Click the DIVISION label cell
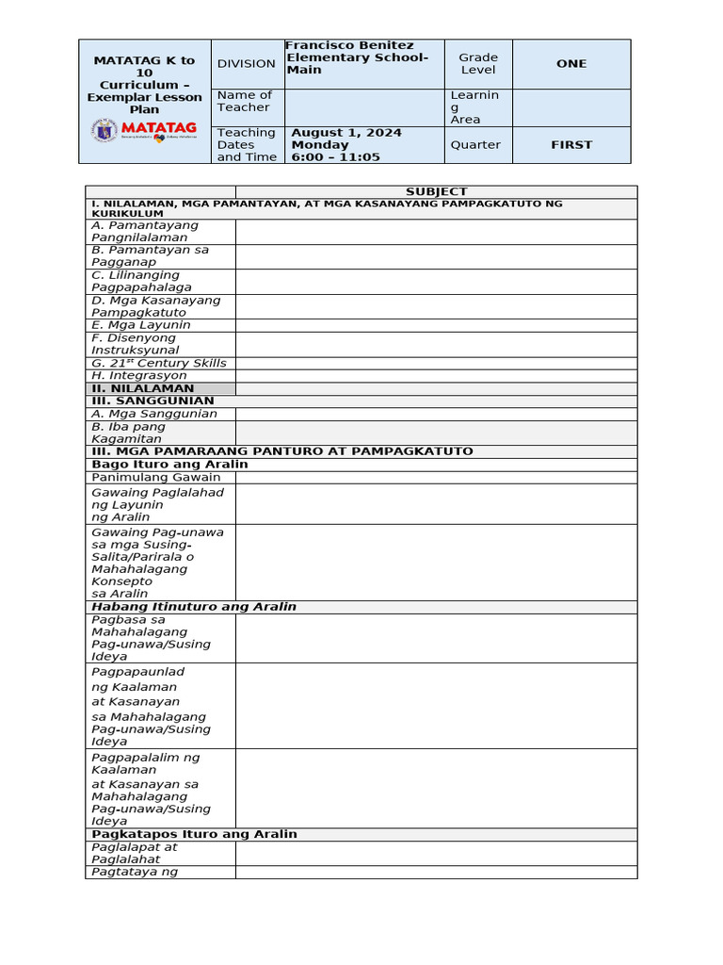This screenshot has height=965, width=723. click(x=246, y=63)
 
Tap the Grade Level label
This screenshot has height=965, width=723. click(x=478, y=63)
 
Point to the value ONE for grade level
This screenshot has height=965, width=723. click(x=570, y=63)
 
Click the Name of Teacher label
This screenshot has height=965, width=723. click(x=244, y=101)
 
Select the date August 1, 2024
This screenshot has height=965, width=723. click(x=345, y=133)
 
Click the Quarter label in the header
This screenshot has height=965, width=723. click(x=475, y=145)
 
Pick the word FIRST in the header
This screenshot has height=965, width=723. click(x=570, y=145)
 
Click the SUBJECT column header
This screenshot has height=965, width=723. click(x=436, y=191)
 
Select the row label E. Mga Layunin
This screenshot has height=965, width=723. click(x=140, y=325)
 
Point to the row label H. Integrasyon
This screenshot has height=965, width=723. click(x=138, y=375)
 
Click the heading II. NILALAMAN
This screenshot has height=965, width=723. click(x=142, y=388)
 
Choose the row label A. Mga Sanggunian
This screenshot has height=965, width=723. click(x=153, y=414)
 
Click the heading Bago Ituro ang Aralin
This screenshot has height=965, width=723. click(x=169, y=464)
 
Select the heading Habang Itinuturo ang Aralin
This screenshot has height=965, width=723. click(x=193, y=606)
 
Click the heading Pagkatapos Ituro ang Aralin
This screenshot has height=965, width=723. click(x=194, y=834)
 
